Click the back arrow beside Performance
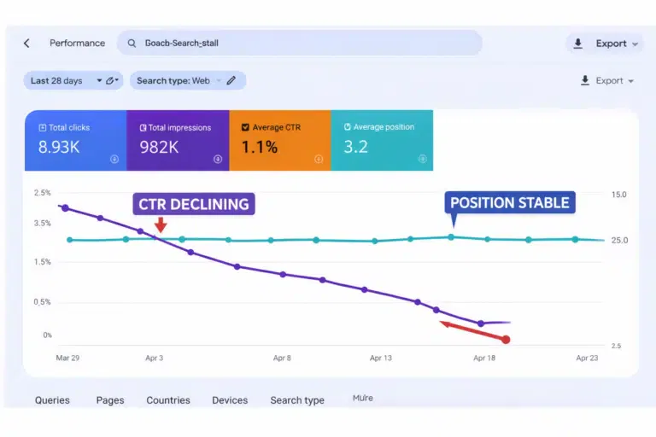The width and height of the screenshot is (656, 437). (26, 44)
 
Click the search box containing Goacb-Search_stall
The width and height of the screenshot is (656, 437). (299, 44)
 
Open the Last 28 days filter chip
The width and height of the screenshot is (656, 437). (73, 81)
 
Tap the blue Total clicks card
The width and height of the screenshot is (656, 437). (75, 140)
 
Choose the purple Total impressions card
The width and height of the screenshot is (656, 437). (178, 140)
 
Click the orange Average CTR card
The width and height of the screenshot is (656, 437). (279, 140)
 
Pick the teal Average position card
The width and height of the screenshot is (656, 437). (382, 140)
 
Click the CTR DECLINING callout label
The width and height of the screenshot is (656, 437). (194, 204)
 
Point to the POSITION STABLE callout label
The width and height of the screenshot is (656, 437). (509, 203)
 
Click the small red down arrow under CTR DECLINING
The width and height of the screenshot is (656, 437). (161, 225)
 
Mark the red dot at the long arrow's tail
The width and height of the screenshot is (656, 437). (506, 340)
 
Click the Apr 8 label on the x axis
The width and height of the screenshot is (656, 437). (282, 358)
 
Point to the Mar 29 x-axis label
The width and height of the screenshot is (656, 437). (67, 358)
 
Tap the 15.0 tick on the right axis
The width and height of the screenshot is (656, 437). (619, 195)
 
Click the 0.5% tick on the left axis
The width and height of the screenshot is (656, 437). (42, 302)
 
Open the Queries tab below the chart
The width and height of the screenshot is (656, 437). (52, 400)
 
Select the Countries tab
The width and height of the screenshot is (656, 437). (168, 400)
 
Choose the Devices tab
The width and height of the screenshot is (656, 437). (230, 400)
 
